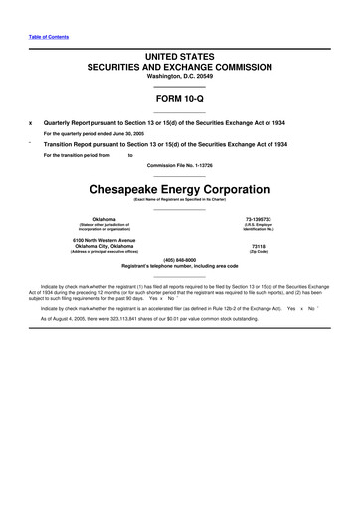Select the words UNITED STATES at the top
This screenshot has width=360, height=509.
click(x=180, y=59)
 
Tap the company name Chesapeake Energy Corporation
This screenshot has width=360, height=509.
click(x=180, y=189)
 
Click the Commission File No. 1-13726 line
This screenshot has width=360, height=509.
click(x=180, y=165)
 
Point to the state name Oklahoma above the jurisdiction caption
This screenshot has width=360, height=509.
click(x=103, y=218)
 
